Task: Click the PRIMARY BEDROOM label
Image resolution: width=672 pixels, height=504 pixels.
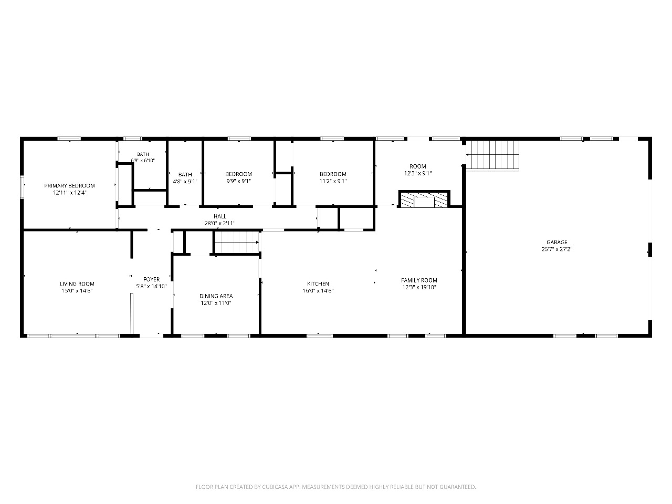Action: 69,186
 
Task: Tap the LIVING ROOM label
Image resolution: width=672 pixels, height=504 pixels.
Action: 77,284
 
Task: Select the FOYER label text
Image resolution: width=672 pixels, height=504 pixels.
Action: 152,279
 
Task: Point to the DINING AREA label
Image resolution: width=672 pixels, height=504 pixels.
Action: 216,296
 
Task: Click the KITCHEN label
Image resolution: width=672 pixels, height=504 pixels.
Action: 318,284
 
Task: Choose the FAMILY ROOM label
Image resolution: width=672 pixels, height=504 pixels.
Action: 419,280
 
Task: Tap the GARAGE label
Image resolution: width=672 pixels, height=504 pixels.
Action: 557,243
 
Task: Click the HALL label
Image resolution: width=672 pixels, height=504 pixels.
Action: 220,217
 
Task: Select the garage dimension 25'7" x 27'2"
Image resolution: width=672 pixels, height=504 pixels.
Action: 557,249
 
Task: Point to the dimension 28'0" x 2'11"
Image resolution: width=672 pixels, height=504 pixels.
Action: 220,224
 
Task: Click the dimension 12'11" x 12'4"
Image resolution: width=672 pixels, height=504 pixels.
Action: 70,193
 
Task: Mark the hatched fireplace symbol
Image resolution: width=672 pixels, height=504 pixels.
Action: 424,199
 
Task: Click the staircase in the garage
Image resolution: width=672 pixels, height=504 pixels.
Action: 492,155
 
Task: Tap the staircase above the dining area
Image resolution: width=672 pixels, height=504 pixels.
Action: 237,243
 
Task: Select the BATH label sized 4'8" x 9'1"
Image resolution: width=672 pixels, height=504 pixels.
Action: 185,175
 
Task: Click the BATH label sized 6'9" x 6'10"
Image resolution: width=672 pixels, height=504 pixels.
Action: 143,154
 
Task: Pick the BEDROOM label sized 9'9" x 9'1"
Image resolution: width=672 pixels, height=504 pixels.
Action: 239,174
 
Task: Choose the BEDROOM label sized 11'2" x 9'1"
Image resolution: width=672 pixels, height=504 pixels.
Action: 333,174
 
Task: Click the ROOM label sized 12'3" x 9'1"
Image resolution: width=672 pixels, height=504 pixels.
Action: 418,166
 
